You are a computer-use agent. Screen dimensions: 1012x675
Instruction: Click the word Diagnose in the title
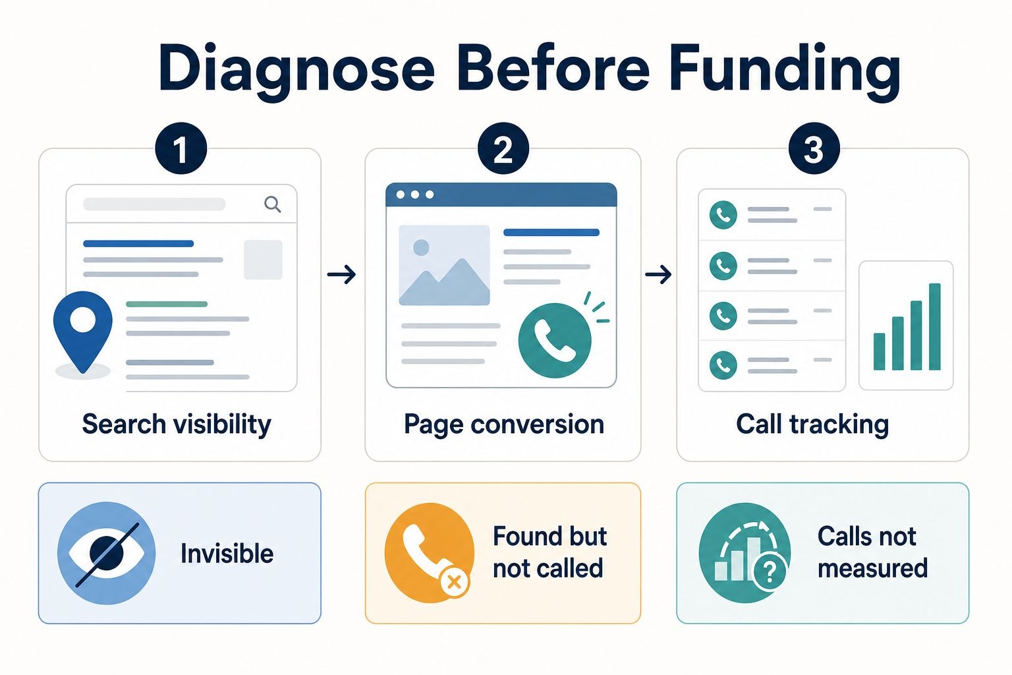pyautogui.click(x=296, y=69)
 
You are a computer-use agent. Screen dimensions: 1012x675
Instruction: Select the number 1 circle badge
pyautogui.click(x=181, y=148)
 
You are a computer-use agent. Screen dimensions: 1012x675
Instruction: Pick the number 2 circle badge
pyautogui.click(x=503, y=148)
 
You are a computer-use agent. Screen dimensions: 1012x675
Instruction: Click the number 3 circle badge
pyautogui.click(x=814, y=148)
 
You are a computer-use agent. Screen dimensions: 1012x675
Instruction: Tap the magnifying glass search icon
pyautogui.click(x=272, y=204)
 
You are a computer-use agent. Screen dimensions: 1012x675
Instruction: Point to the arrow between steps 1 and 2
pyautogui.click(x=341, y=274)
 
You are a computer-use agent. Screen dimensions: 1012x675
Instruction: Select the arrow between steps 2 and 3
pyautogui.click(x=658, y=274)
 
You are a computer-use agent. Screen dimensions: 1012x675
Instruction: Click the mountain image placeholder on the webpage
pyautogui.click(x=444, y=265)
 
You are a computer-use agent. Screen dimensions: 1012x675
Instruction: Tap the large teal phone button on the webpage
pyautogui.click(x=555, y=340)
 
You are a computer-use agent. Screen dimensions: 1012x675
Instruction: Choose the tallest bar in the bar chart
pyautogui.click(x=934, y=326)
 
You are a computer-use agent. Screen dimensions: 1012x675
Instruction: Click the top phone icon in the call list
pyautogui.click(x=723, y=215)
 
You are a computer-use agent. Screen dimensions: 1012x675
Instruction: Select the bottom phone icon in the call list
pyautogui.click(x=723, y=365)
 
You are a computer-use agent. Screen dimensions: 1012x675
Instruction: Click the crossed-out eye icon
pyautogui.click(x=107, y=553)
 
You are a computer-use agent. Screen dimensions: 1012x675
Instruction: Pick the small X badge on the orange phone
pyautogui.click(x=453, y=581)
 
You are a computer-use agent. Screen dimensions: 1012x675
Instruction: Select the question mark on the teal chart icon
pyautogui.click(x=770, y=572)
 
